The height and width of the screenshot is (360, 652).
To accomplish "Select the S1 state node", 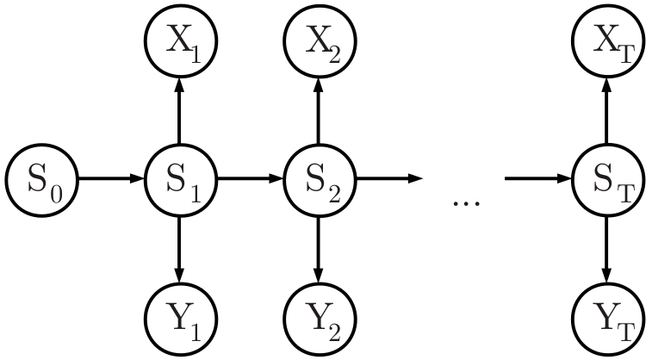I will [x=179, y=179].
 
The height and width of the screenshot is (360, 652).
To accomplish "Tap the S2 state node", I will [x=320, y=179].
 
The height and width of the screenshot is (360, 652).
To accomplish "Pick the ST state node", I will [x=609, y=179].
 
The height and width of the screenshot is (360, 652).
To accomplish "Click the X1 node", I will [x=179, y=41].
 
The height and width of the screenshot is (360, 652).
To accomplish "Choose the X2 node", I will [x=320, y=41].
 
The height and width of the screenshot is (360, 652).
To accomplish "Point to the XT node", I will [x=609, y=41].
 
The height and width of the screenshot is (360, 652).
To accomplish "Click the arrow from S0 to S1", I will [x=110, y=179].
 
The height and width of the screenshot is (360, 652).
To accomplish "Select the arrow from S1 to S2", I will [x=250, y=179].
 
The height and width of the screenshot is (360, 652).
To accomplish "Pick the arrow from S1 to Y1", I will [x=179, y=249].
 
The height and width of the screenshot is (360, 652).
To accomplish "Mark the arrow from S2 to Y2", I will [x=320, y=249].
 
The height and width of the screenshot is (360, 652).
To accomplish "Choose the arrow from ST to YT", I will [x=609, y=249].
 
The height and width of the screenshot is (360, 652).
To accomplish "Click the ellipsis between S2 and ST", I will [x=465, y=202].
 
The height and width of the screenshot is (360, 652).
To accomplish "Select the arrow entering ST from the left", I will [x=539, y=179].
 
